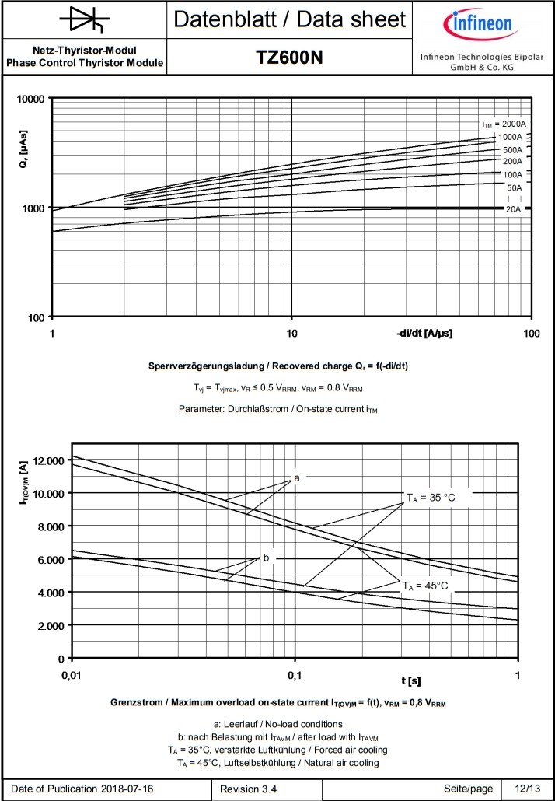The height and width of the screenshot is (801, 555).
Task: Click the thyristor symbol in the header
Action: click(84, 19)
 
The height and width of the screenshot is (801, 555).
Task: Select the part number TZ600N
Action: click(289, 58)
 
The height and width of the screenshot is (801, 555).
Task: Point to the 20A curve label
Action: click(514, 209)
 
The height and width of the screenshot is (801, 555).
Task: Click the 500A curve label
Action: click(512, 149)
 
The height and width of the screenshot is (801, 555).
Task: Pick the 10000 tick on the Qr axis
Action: click(32, 99)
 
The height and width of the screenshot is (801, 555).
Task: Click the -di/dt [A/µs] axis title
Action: click(424, 333)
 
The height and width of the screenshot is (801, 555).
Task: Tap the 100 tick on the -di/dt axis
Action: click(532, 333)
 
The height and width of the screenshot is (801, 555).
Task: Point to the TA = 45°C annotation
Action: click(424, 586)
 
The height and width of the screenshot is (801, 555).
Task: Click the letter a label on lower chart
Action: click(297, 477)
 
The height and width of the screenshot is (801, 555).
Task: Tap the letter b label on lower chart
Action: click(266, 558)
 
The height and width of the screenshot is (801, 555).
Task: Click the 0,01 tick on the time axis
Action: click(72, 673)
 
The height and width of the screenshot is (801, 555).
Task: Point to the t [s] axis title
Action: click(413, 681)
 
